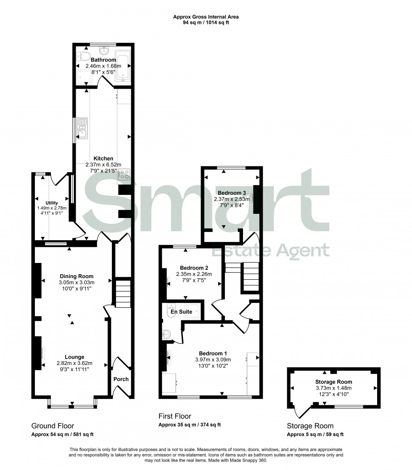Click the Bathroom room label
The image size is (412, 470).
(x=103, y=60)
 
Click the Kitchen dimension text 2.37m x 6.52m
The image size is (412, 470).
(x=103, y=165)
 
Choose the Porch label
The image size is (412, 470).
(x=121, y=379)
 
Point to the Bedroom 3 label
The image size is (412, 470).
(x=230, y=193)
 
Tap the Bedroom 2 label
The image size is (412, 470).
(x=194, y=268)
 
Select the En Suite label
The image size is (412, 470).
(x=181, y=312)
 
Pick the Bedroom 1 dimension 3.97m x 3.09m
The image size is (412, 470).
(x=213, y=360)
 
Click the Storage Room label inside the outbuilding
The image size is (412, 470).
(x=333, y=382)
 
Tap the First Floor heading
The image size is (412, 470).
(x=174, y=416)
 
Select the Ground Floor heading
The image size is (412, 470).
(x=53, y=426)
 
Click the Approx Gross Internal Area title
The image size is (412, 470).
(x=206, y=17)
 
